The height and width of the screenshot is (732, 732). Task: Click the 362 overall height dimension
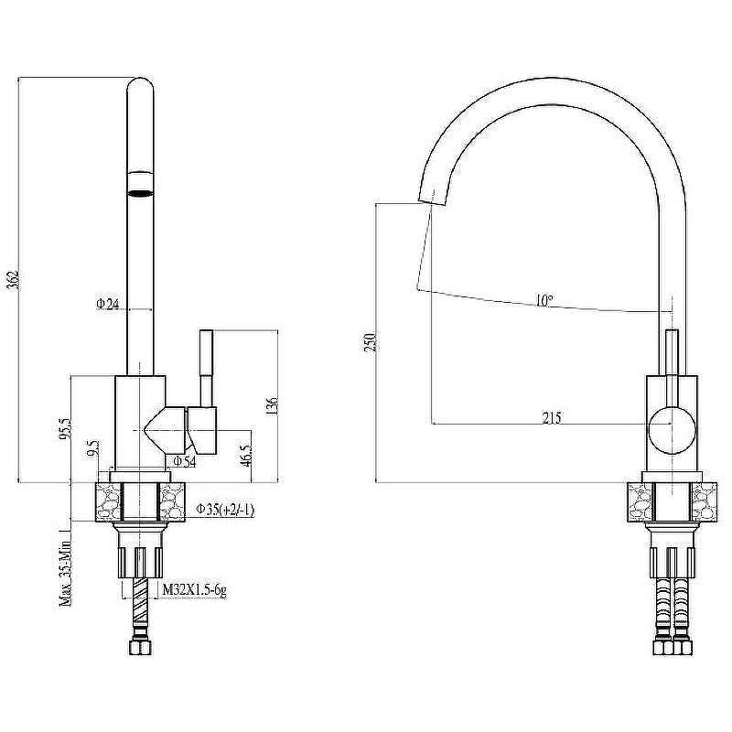click(x=15, y=280)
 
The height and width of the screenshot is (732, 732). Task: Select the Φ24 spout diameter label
click(x=107, y=305)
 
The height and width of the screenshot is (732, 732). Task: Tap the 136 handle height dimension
click(x=273, y=406)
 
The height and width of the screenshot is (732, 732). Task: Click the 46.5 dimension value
click(x=247, y=456)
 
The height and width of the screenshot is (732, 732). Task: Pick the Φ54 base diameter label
click(x=185, y=462)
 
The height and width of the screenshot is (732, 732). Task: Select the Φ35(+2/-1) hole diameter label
click(x=225, y=510)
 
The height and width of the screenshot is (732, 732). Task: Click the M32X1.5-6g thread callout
click(x=194, y=590)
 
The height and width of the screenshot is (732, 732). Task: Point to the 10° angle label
click(x=544, y=300)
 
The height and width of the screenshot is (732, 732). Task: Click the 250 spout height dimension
click(x=371, y=342)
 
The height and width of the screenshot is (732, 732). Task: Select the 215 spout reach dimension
click(x=552, y=417)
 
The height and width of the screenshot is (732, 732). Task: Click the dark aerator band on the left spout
click(x=140, y=192)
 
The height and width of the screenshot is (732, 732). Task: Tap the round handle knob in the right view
click(x=672, y=430)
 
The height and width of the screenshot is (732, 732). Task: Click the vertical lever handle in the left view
click(x=207, y=368)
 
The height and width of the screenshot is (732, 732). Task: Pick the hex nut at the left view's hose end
click(x=140, y=649)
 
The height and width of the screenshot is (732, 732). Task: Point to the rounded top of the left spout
click(x=140, y=84)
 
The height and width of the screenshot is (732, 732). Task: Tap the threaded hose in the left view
click(x=140, y=606)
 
